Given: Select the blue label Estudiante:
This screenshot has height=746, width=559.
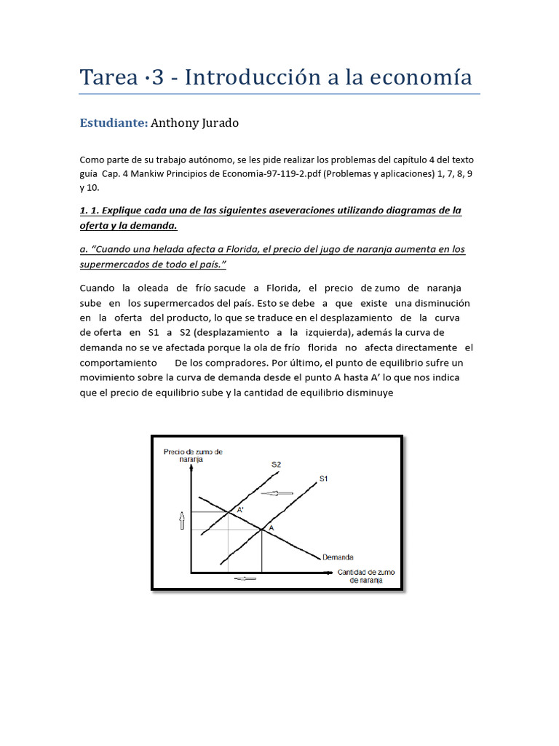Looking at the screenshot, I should (x=114, y=123).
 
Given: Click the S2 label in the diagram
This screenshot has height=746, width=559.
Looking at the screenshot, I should (x=277, y=463).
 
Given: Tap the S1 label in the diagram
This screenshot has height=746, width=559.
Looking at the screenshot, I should (x=324, y=479).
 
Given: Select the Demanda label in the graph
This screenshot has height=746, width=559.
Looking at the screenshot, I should (x=338, y=557).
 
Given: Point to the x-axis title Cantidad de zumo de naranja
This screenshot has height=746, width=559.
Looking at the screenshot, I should (x=365, y=576).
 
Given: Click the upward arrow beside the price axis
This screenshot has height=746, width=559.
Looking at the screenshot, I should (x=182, y=520).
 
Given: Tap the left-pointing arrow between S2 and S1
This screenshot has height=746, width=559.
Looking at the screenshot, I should (x=277, y=493).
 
